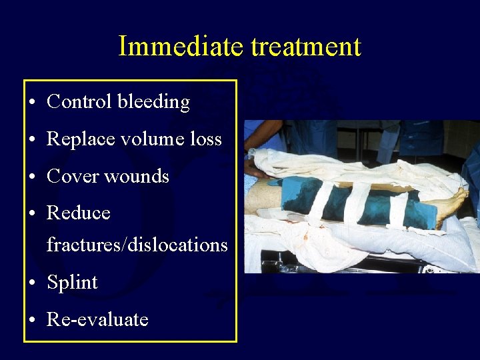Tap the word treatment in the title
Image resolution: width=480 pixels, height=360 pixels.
[x=306, y=46]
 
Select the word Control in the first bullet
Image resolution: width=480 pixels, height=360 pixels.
[x=79, y=102]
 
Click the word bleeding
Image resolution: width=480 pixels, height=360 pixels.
[x=153, y=102]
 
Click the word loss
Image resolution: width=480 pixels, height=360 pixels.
[x=206, y=139]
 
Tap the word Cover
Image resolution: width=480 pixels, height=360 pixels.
[x=70, y=177]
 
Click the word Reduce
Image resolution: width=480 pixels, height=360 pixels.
[x=78, y=213]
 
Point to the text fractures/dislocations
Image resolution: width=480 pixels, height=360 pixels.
[x=137, y=245]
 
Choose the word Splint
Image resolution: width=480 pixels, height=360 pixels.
[x=72, y=283]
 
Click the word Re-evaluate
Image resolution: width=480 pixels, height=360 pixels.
[x=97, y=320]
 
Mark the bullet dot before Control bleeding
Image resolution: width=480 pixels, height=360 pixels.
[x=33, y=103]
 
